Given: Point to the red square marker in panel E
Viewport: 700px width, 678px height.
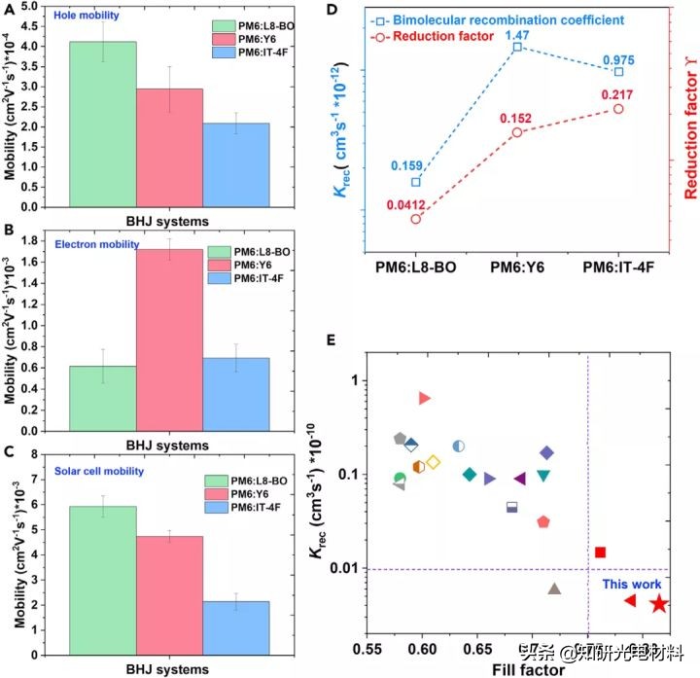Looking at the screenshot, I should coord(600,553).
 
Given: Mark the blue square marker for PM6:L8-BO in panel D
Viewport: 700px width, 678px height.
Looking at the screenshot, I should coord(417,182).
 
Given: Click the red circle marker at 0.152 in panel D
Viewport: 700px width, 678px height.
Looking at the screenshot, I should coord(517,131).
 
